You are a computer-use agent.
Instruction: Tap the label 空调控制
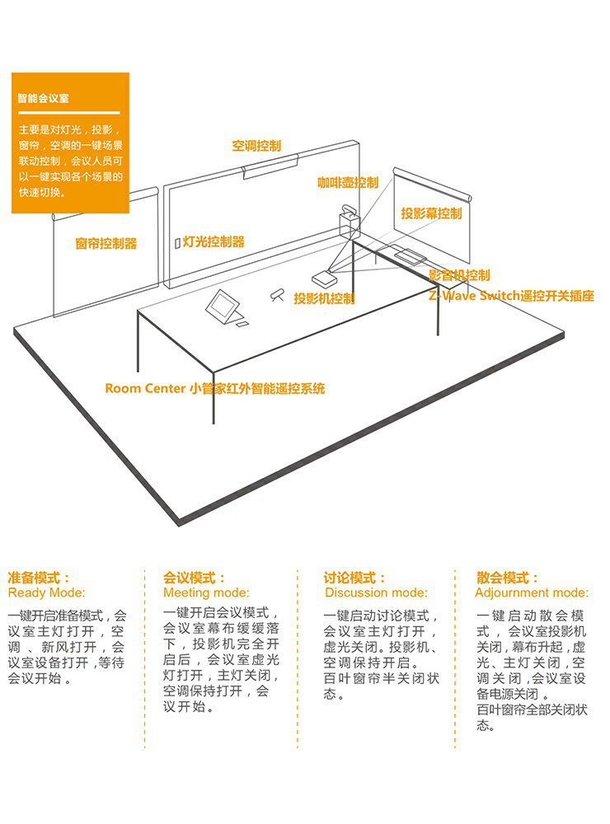pos(256,146)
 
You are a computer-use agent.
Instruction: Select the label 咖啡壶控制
pos(347,183)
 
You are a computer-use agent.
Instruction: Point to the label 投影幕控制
pos(431,213)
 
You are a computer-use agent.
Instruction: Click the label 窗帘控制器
pos(106,243)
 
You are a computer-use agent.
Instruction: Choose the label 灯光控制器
pos(213,241)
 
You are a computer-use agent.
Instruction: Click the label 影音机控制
pos(458,275)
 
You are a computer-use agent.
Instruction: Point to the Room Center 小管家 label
pos(215,388)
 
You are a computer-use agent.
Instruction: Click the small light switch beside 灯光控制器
pos(176,243)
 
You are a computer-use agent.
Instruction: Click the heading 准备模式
pos(39,578)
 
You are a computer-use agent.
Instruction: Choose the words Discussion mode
pos(376,592)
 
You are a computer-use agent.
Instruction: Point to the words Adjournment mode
pos(532,592)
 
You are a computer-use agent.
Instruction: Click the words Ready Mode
pos(46,592)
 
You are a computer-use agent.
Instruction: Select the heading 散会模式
pos(507,578)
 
